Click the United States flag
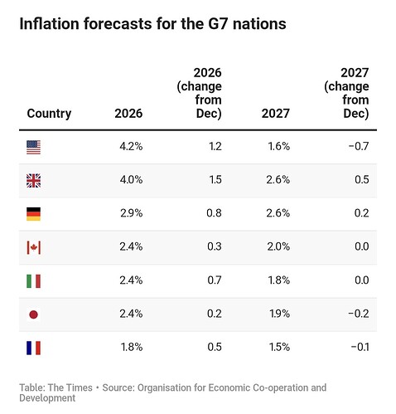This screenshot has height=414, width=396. pyautogui.click(x=33, y=147)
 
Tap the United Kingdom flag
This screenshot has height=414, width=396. pyautogui.click(x=33, y=181)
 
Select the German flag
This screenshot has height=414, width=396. pyautogui.click(x=33, y=214)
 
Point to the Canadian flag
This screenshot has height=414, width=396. pyautogui.click(x=33, y=247)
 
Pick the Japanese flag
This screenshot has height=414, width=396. pyautogui.click(x=33, y=314)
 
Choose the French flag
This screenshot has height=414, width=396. pyautogui.click(x=33, y=348)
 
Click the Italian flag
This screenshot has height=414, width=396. pyautogui.click(x=33, y=281)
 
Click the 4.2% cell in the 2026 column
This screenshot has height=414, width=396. pyautogui.click(x=131, y=146)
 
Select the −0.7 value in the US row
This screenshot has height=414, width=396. pyautogui.click(x=359, y=146)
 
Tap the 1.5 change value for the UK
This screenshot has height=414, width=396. pyautogui.click(x=215, y=180)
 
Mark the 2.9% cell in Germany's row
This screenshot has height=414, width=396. pyautogui.click(x=132, y=213)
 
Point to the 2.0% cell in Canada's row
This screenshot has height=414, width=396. pyautogui.click(x=278, y=246)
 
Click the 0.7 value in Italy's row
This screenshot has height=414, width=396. pyautogui.click(x=215, y=280)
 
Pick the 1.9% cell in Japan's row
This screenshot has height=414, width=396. pyautogui.click(x=279, y=314)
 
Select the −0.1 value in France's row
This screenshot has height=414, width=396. pyautogui.click(x=360, y=347)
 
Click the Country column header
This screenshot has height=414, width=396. pyautogui.click(x=49, y=114)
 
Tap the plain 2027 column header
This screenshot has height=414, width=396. pyautogui.click(x=276, y=114)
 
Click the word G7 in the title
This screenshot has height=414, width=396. pyautogui.click(x=218, y=24)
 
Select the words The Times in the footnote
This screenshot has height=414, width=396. pyautogui.click(x=70, y=387)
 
